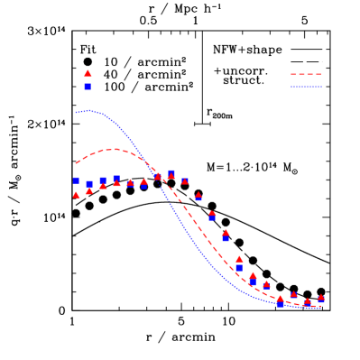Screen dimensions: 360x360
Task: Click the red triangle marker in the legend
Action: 88,73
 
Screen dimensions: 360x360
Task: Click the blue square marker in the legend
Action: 88,86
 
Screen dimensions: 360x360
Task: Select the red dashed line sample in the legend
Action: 306,75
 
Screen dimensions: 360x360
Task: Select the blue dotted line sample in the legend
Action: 306,87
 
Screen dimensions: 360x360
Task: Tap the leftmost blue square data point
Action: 76,180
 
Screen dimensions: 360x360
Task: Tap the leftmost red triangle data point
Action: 76,194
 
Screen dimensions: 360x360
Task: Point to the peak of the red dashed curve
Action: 111,150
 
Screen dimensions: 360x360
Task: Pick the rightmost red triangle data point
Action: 321,298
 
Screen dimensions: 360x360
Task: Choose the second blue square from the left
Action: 89,184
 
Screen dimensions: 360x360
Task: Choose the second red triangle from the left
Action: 89,189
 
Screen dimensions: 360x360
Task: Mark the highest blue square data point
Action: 171,172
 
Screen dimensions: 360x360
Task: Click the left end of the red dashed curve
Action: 76,163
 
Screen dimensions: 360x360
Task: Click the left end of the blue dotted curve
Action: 76,112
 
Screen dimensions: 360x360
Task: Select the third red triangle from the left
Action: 103,185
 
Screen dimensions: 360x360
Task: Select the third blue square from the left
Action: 103,180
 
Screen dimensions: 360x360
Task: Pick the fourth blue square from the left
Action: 116,179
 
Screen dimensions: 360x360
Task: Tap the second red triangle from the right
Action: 308,301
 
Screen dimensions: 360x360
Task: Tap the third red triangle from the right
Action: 294,294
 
